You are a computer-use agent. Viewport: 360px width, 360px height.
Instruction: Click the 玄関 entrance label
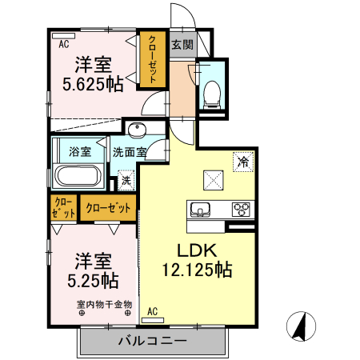click(182, 45)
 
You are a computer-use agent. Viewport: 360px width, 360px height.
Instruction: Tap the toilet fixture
click(212, 95)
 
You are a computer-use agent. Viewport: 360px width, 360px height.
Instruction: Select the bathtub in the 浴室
click(78, 175)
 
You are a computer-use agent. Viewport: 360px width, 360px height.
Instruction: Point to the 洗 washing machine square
click(126, 181)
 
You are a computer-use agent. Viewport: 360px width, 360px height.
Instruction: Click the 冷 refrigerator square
click(243, 162)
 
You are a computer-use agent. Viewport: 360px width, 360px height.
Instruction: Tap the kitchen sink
click(200, 210)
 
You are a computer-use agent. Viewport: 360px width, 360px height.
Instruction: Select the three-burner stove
click(241, 210)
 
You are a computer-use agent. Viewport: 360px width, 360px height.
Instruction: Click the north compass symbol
click(301, 326)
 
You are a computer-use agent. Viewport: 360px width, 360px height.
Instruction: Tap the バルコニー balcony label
click(153, 341)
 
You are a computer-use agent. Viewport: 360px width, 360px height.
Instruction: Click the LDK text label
click(197, 250)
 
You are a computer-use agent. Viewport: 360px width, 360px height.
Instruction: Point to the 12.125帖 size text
click(197, 270)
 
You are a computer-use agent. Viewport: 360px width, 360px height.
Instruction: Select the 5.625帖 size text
click(93, 85)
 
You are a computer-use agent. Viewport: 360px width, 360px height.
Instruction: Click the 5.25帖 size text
click(93, 281)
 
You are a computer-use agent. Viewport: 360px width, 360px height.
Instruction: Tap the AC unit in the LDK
click(153, 320)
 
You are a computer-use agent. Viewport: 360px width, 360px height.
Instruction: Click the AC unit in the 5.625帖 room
click(64, 36)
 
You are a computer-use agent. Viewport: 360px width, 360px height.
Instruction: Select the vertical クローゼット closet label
click(152, 59)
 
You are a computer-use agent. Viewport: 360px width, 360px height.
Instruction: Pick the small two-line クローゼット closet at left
click(63, 208)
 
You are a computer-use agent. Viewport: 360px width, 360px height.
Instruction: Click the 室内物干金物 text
click(105, 304)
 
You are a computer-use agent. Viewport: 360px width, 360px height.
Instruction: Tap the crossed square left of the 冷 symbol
click(214, 180)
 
